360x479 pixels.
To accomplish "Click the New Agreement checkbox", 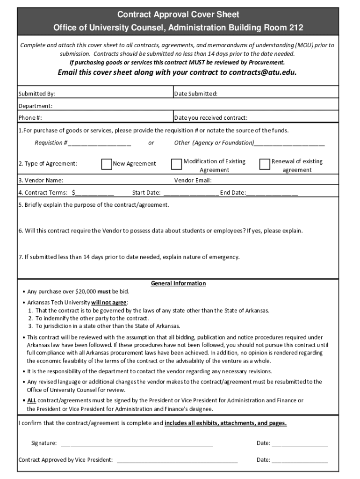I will click(x=107, y=164).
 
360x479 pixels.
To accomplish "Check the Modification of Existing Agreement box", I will click(x=176, y=164).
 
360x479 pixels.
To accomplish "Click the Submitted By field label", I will click(x=40, y=94).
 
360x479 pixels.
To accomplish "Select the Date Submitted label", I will click(x=195, y=94).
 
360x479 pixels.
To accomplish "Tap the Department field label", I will click(x=35, y=106).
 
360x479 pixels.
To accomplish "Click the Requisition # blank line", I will click(x=100, y=143).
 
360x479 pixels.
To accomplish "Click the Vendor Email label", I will click(x=193, y=181).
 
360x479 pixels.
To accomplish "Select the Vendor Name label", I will click(x=41, y=181).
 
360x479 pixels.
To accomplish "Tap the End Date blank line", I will click(x=272, y=193).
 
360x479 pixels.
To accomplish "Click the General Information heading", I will click(x=178, y=283).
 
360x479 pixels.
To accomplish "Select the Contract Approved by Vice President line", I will click(x=177, y=460).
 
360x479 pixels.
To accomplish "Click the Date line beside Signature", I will click(x=300, y=443).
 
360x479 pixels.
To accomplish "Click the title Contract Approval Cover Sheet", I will click(x=178, y=15).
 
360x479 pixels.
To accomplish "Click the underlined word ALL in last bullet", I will click(x=31, y=400).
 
